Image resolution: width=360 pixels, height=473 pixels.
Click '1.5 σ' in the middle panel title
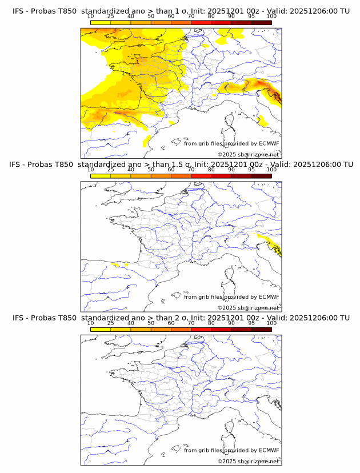coord(186,165)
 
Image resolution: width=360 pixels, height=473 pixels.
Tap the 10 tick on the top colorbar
coord(91,17)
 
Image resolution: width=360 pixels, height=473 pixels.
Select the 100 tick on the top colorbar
coord(271,17)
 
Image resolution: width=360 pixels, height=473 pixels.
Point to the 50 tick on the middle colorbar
coord(151,170)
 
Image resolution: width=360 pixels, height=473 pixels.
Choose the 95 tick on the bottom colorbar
coord(251,323)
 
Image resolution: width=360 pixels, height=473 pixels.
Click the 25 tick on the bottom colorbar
coord(111,323)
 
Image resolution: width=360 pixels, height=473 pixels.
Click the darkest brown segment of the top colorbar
coord(261,23)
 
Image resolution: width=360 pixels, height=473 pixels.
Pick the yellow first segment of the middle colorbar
coord(101,177)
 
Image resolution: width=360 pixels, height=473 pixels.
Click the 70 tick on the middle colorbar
coord(191,170)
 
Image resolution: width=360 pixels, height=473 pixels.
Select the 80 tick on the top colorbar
coord(211,17)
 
